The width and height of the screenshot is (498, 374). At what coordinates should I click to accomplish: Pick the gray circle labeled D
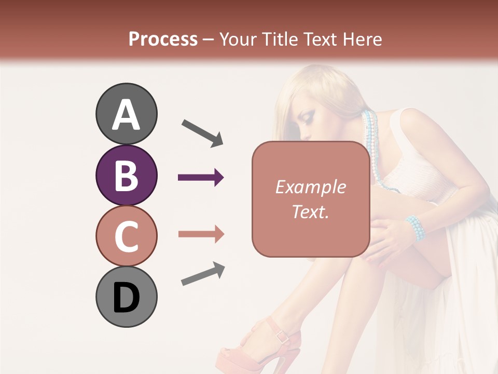[x=126, y=297]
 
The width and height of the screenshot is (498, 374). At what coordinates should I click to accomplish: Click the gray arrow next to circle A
[x=202, y=132]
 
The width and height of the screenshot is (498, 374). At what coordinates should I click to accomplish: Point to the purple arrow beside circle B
[x=201, y=178]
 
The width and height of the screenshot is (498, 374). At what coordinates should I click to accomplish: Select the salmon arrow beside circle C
[x=201, y=234]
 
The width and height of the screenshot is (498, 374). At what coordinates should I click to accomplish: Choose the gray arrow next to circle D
[x=203, y=274]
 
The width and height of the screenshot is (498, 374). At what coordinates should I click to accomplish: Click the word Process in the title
[x=163, y=39]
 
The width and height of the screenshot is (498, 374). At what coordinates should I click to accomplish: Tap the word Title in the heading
[x=280, y=39]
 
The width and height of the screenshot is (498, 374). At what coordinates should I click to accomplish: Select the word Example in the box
[x=310, y=188]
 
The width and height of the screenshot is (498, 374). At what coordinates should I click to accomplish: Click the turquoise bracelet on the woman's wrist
[x=416, y=228]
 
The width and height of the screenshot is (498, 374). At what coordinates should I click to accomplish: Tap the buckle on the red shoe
[x=283, y=336]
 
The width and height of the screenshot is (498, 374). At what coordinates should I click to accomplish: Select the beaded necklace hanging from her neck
[x=372, y=151]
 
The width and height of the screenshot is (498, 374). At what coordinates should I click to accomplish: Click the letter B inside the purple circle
[x=126, y=176]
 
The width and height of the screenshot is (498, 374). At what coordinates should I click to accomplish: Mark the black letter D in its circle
[x=126, y=298]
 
